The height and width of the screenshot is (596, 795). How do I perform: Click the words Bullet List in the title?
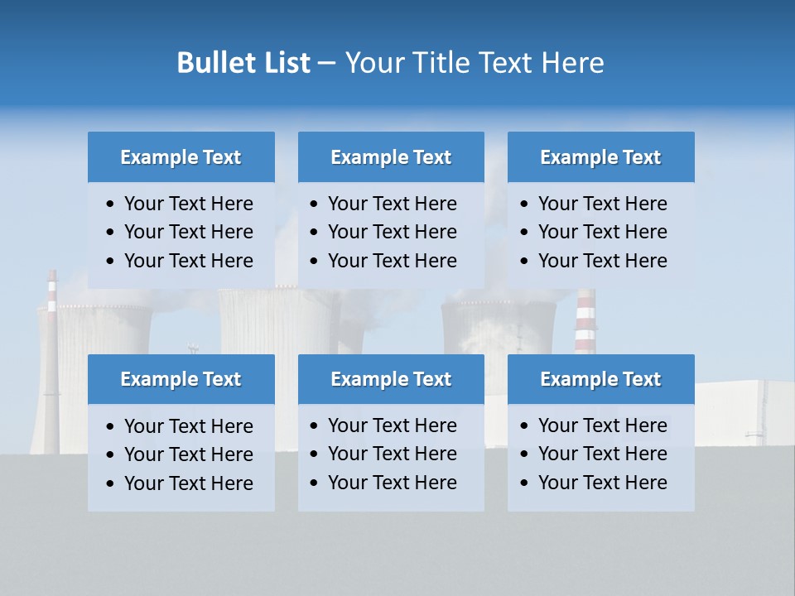(243, 63)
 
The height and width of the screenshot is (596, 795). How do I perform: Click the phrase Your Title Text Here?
(474, 63)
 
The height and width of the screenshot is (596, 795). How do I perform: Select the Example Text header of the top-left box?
(181, 157)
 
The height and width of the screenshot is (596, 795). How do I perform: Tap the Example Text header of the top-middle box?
(391, 157)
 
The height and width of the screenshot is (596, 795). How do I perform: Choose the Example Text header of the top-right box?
(600, 157)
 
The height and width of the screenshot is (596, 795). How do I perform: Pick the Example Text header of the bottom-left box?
(181, 379)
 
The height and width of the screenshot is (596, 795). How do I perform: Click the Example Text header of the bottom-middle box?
(391, 379)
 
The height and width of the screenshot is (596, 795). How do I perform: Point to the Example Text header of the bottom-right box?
(600, 379)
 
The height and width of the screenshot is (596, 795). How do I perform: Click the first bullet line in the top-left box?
(188, 204)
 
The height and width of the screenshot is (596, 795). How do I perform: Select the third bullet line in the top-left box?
(188, 261)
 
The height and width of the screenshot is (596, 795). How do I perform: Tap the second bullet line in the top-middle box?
(392, 232)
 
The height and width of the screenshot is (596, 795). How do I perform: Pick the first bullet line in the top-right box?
(602, 204)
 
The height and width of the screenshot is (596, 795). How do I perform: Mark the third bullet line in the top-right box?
(602, 261)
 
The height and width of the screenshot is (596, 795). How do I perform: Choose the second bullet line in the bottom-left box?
(188, 454)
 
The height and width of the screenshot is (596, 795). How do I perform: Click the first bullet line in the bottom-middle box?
(392, 425)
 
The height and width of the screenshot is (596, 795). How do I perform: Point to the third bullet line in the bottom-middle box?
(392, 483)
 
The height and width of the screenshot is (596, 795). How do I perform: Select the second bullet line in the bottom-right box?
(602, 454)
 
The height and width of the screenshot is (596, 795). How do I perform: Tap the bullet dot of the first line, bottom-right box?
(524, 426)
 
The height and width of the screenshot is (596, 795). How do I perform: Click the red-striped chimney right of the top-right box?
(585, 323)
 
